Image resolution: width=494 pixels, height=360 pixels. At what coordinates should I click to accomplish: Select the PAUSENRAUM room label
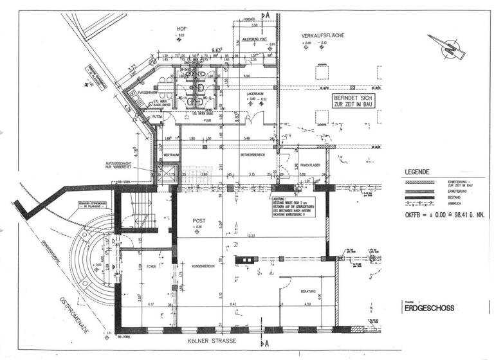click(149, 93)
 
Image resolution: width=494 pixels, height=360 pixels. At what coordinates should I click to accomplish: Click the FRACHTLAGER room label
click(311, 165)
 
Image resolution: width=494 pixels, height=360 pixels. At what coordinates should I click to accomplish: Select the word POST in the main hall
click(199, 220)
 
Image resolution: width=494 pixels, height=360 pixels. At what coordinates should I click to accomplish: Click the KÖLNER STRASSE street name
click(222, 340)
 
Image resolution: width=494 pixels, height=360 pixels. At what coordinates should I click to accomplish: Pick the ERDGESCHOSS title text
click(428, 309)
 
